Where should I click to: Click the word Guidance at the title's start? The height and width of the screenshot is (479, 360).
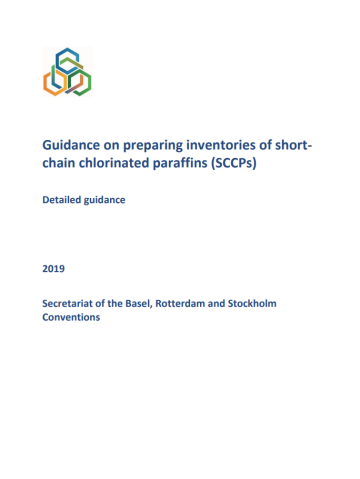point(73,147)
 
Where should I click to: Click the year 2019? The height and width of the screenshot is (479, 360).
point(54,267)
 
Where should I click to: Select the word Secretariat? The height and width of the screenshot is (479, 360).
point(74,303)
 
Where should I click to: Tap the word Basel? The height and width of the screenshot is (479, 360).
point(159,303)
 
